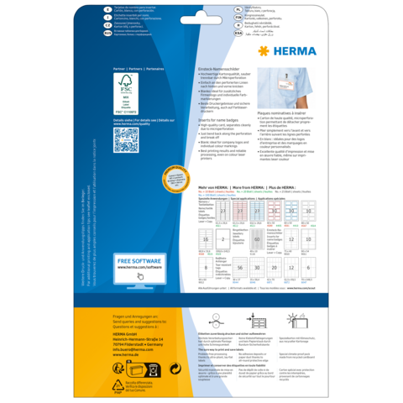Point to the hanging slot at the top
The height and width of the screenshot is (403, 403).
201,16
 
